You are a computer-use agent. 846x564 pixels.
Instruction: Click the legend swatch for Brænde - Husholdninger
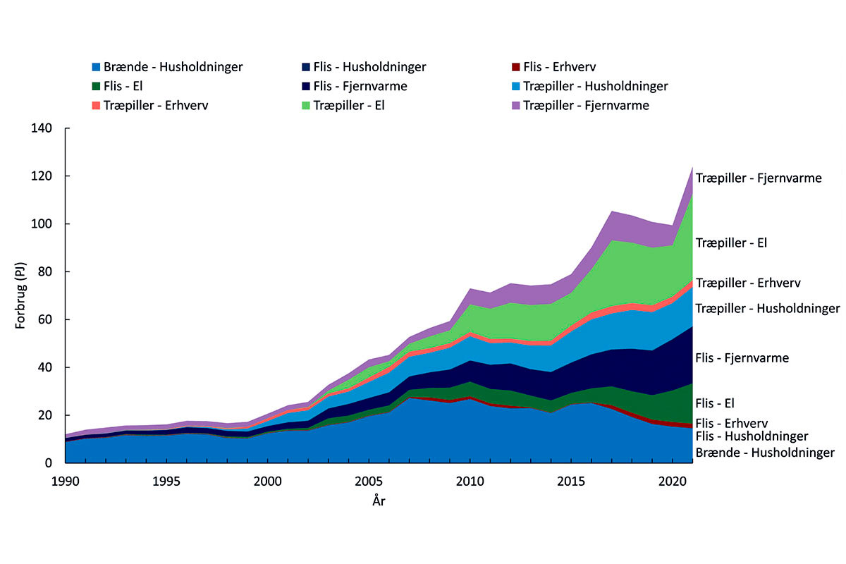pyautogui.click(x=96, y=68)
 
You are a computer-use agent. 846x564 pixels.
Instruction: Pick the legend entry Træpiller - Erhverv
pyautogui.click(x=154, y=106)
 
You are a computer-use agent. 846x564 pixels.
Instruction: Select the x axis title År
pyautogui.click(x=379, y=501)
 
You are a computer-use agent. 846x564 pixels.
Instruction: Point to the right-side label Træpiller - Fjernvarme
pyautogui.click(x=759, y=178)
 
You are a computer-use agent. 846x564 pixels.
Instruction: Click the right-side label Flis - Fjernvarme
pyautogui.click(x=742, y=358)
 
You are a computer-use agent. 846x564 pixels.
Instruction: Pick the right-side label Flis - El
pyautogui.click(x=715, y=404)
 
